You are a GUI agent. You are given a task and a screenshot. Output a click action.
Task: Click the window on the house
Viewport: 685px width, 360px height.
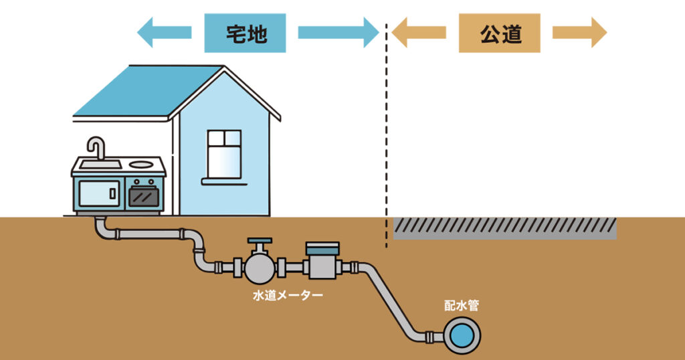coord(224,154)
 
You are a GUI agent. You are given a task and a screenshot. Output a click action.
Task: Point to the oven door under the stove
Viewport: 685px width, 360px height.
coord(143,195)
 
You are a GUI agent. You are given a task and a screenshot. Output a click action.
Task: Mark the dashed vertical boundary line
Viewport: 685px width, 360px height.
coord(387,134)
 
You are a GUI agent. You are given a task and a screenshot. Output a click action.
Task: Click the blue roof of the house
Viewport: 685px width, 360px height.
coord(140,90)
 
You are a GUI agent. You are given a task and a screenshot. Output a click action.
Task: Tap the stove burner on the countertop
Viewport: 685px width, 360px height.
coord(142,163)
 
